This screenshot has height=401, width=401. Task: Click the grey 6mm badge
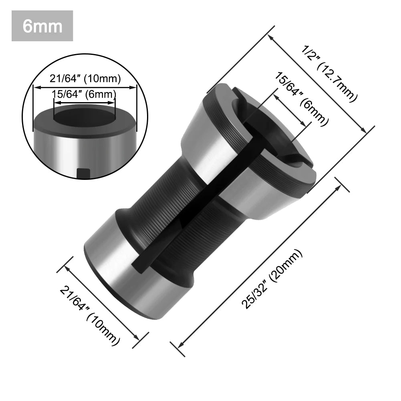pyautogui.click(x=42, y=26)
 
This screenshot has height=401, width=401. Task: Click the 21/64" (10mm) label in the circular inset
pyautogui.click(x=85, y=79)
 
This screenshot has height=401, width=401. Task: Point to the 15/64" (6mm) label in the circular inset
pyautogui.click(x=85, y=95)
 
